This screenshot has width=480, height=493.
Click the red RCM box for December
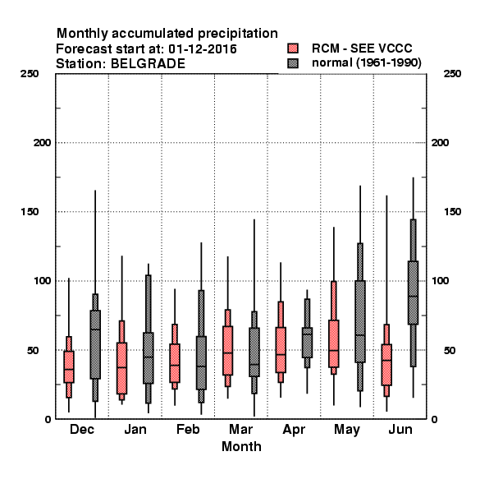[x=69, y=366]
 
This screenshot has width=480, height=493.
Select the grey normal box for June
[x=414, y=293]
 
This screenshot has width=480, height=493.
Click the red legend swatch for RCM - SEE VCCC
[x=293, y=48]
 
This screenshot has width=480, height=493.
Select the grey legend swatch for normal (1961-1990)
[x=293, y=63]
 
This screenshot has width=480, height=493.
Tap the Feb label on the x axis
[x=188, y=430]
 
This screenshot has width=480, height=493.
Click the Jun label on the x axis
[x=400, y=430]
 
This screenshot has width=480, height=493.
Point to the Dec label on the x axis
[x=82, y=430]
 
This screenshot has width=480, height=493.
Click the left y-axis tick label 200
[x=43, y=143]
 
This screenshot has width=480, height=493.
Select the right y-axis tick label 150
[x=452, y=212]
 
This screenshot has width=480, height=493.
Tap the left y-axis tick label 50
[x=33, y=350]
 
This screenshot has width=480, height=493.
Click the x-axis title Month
[x=241, y=446]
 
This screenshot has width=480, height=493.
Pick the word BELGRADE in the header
[x=148, y=63]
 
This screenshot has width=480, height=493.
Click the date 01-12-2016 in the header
[x=203, y=48]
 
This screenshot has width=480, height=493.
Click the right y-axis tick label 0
[x=435, y=419]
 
